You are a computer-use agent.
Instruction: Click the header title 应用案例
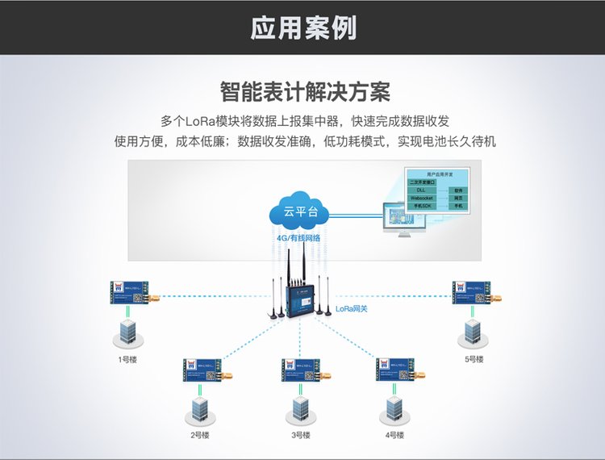(302, 28)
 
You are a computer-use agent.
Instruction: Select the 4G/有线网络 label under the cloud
(298, 239)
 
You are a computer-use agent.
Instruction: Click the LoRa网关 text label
(352, 308)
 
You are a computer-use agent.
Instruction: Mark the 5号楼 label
(474, 359)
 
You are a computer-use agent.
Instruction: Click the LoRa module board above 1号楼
(130, 292)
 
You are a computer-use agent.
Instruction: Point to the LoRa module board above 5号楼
(473, 292)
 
